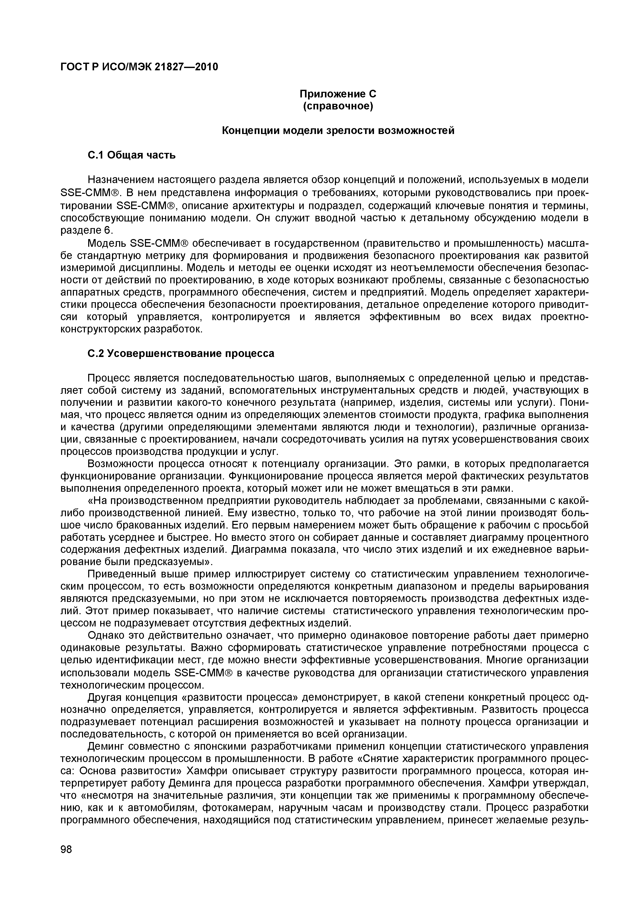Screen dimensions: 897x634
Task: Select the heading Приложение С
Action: coord(338,94)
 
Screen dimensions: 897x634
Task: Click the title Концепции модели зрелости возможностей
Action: coord(338,130)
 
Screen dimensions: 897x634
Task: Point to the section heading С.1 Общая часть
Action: coord(131,155)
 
